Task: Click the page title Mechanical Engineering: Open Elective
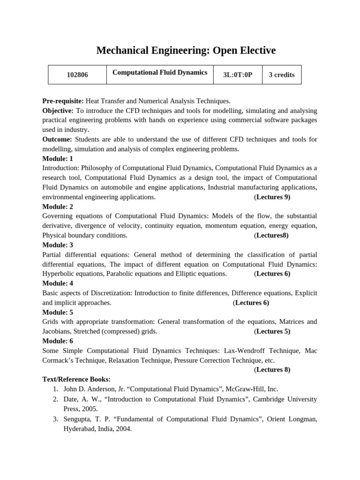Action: point(186,51)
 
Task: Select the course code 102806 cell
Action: point(77,75)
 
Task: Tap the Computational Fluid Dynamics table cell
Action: point(159,73)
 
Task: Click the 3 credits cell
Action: point(281,75)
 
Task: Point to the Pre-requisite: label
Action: point(63,101)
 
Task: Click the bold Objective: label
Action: point(58,111)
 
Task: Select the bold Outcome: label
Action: point(57,139)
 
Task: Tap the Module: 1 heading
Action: point(58,158)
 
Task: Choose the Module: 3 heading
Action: point(58,245)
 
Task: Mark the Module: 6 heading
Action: point(58,341)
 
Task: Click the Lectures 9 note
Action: point(272,197)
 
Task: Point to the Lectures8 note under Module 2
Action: point(271,235)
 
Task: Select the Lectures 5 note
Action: point(272,331)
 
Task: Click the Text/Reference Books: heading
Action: point(76,379)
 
